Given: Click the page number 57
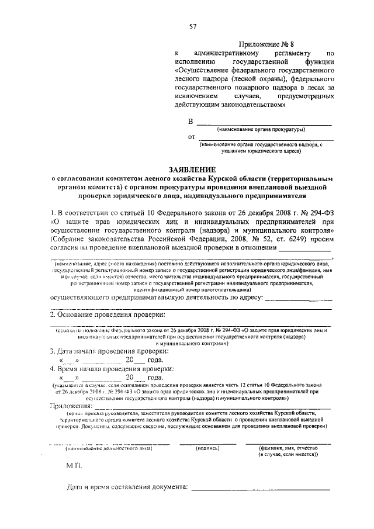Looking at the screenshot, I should point(192,25).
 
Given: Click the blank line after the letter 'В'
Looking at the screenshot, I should point(264,124).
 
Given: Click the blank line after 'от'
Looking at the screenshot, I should point(266,139).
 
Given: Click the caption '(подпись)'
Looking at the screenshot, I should point(207,448).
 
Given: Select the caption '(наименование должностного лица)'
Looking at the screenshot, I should point(108,448).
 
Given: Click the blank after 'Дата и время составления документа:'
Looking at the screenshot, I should point(261,489).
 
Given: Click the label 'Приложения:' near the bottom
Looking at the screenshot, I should point(71,405).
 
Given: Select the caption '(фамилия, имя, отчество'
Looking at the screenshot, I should point(292,448).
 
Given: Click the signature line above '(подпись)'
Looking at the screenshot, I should point(207,443).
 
